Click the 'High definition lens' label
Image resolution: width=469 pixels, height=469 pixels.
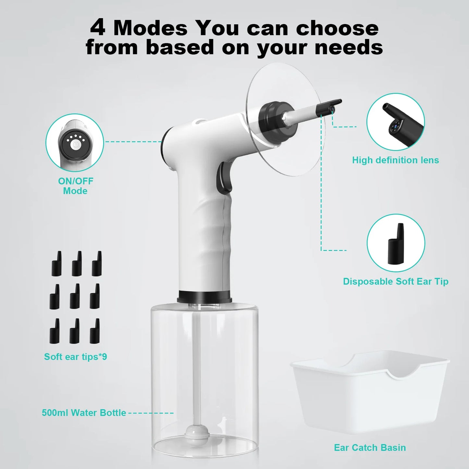395,160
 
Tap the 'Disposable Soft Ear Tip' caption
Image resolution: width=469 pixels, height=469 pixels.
395,281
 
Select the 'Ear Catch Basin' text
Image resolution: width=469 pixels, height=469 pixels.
370,448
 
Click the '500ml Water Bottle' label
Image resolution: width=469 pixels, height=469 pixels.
84,413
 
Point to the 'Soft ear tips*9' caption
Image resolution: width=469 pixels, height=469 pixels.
75,357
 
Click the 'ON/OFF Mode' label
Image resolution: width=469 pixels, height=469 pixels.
75,186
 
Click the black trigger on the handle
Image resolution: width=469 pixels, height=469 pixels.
225,177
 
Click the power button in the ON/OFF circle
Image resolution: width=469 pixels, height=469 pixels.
75,145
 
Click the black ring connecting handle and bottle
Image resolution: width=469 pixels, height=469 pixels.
204,296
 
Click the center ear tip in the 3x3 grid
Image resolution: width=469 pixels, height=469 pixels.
75,296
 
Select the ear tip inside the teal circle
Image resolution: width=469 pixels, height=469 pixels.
396,243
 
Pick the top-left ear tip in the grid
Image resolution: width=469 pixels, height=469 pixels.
57,264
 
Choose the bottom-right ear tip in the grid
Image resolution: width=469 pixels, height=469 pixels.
95,331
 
